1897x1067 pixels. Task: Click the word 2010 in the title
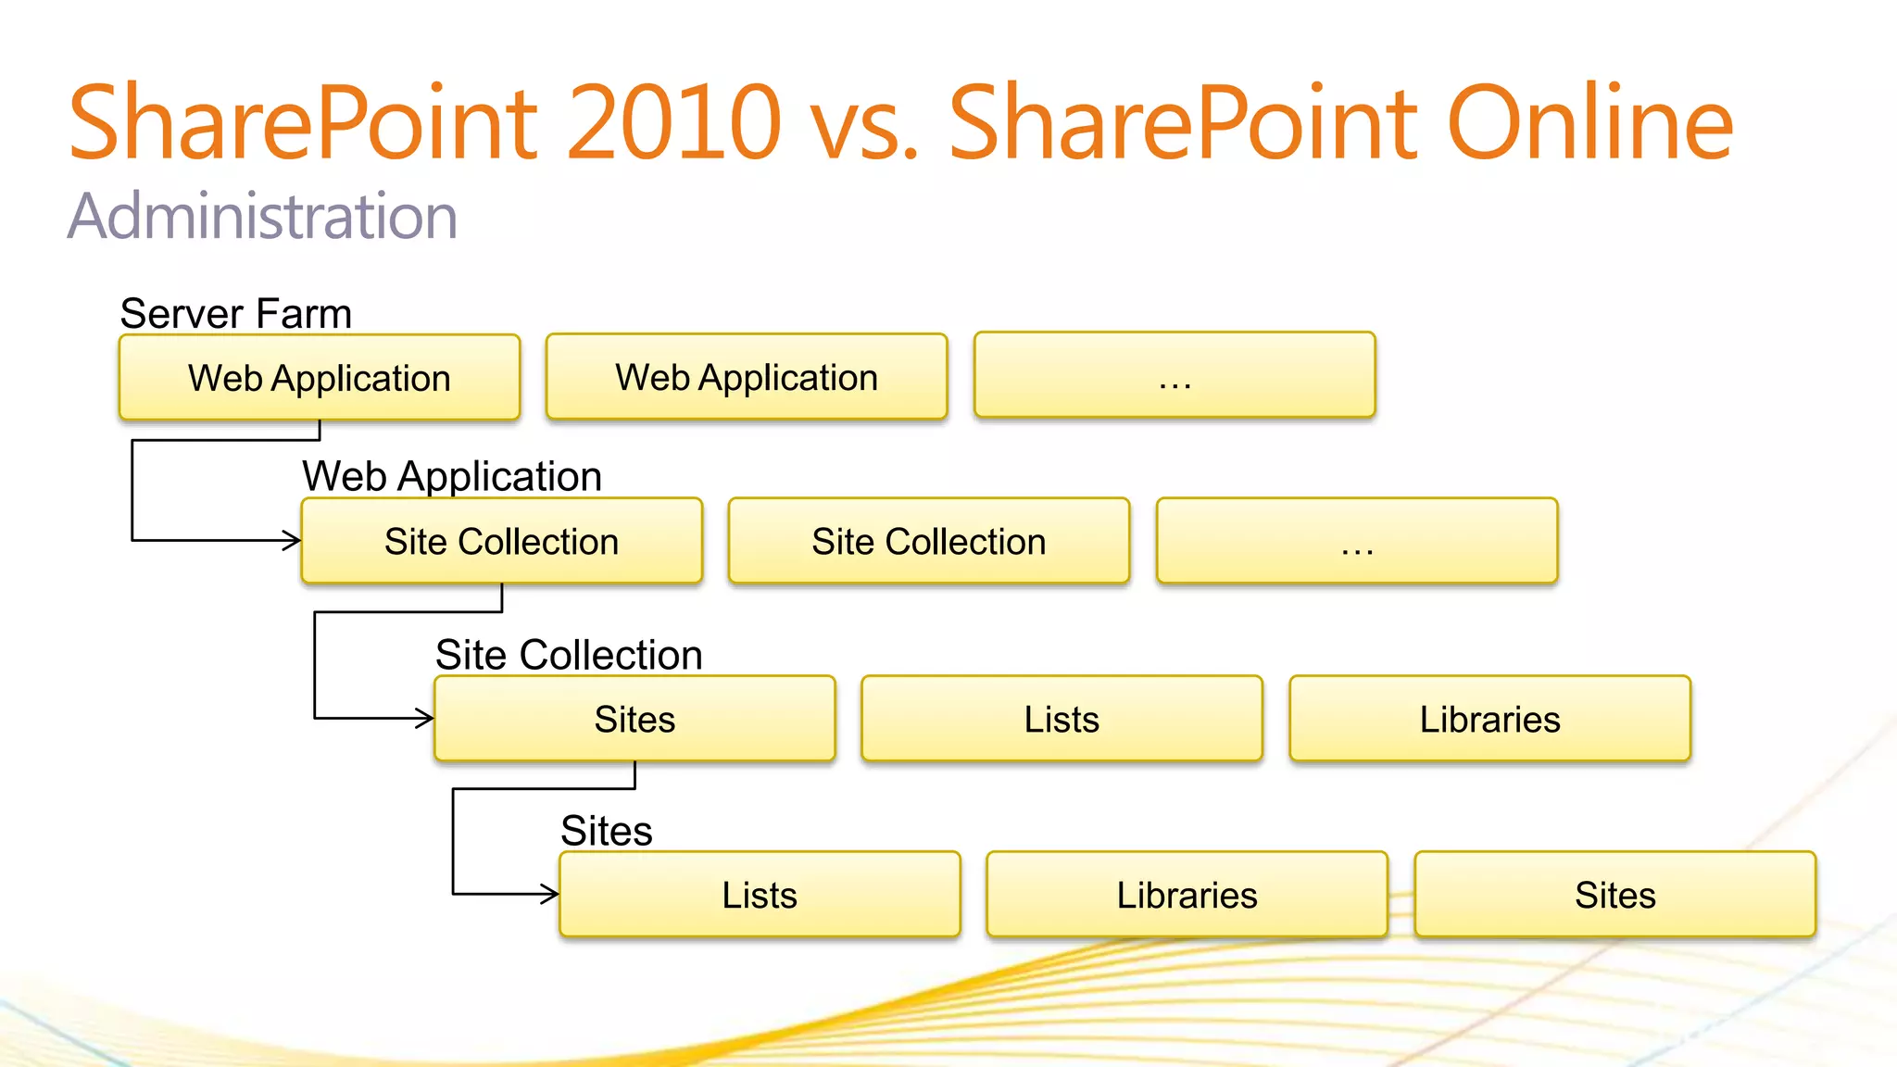point(674,122)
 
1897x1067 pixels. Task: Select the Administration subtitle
point(263,217)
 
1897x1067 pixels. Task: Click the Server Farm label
point(236,314)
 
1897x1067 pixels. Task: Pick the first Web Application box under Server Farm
point(320,378)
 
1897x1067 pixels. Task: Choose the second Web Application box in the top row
point(747,377)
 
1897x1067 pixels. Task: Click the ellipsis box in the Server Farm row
point(1175,376)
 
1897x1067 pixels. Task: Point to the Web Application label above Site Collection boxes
point(452,477)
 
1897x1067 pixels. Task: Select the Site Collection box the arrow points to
point(501,542)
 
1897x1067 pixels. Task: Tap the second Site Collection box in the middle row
point(929,542)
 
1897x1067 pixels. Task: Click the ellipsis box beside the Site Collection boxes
point(1357,542)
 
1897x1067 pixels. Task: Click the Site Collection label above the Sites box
point(569,655)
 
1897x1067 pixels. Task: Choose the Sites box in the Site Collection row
point(634,720)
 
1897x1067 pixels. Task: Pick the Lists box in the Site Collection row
point(1062,720)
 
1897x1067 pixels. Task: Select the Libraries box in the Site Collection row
point(1489,720)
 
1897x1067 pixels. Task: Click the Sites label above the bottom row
point(607,831)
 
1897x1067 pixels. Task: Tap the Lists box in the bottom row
point(760,896)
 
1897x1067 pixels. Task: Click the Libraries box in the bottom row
point(1187,896)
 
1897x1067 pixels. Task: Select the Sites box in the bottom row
point(1614,896)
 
